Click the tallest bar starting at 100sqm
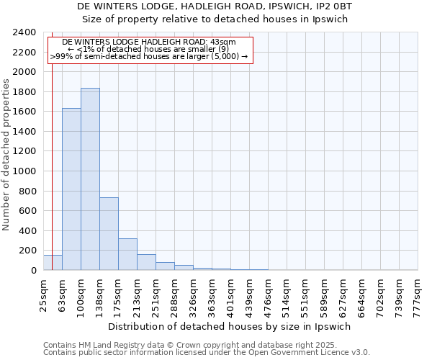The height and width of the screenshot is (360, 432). pyautogui.click(x=90, y=179)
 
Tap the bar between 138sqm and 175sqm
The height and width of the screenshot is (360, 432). pyautogui.click(x=109, y=234)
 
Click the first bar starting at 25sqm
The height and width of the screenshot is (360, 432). pyautogui.click(x=53, y=263)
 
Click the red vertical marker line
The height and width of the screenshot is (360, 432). pyautogui.click(x=53, y=144)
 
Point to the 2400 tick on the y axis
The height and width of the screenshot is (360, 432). pyautogui.click(x=26, y=32)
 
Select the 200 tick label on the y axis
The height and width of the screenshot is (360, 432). pyautogui.click(x=29, y=251)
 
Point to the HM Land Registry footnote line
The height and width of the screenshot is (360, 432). pyautogui.click(x=190, y=345)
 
